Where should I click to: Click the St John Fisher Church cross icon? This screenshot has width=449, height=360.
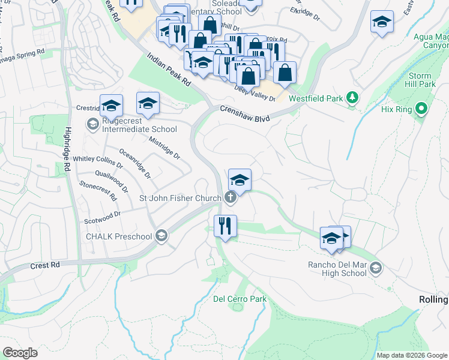coord(230,197)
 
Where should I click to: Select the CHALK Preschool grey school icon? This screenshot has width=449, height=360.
coord(160,236)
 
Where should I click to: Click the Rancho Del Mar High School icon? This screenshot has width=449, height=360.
coord(376,267)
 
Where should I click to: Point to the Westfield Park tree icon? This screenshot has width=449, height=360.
coord(354,98)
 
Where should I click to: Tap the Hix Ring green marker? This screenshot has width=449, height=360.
coord(421,109)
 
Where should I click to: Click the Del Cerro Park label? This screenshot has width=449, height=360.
coord(240,299)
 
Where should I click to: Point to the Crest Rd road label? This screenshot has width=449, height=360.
coord(46,265)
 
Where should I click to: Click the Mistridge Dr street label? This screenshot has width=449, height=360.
coord(164,147)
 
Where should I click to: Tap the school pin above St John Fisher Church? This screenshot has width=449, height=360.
coord(240,180)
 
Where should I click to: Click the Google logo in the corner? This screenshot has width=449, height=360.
coord(20,353)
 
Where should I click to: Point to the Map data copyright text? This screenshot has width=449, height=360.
coord(412,355)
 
